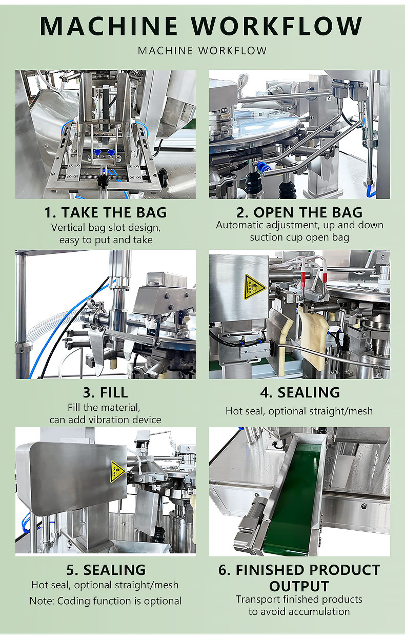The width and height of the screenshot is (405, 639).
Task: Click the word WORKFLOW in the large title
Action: point(276,26)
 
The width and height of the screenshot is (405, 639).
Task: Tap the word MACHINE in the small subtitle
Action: point(166,51)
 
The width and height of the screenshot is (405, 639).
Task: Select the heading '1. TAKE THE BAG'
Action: point(106,212)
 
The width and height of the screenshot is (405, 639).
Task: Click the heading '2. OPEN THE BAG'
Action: point(299,212)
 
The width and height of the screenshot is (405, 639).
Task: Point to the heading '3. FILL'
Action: point(106,392)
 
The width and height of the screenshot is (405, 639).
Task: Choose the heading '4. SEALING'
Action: point(300,392)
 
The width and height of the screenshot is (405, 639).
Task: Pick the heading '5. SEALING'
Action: point(106,570)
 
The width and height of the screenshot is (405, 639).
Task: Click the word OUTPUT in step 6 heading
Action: point(299,587)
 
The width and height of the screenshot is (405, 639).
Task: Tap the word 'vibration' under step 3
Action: point(108,420)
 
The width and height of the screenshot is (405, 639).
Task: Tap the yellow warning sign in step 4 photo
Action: point(254,287)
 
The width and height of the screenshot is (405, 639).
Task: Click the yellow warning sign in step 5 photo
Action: point(117,471)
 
